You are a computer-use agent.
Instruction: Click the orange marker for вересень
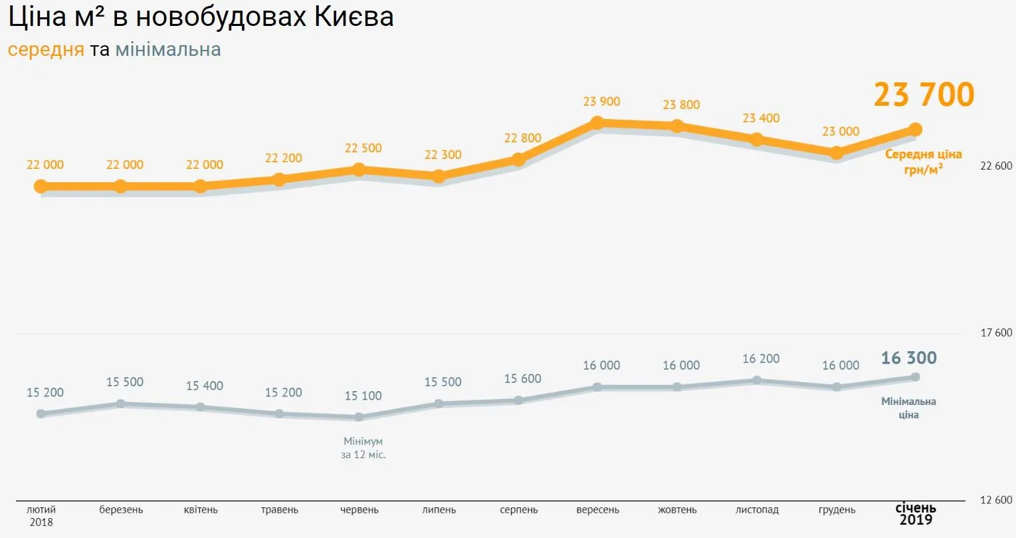click(597, 122)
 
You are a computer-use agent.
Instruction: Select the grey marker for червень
click(359, 417)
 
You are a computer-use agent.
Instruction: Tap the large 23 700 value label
click(924, 94)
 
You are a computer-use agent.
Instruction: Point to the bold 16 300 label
click(908, 358)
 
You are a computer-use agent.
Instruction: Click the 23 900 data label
click(601, 102)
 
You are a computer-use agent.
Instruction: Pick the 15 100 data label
click(363, 396)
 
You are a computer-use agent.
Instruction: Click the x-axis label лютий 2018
click(41, 515)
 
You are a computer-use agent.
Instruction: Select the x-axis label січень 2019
click(916, 514)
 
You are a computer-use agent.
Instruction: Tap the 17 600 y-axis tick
click(996, 333)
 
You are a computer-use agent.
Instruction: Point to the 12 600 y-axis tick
click(996, 500)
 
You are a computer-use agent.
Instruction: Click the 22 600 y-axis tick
click(996, 166)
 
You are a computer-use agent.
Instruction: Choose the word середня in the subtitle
click(46, 50)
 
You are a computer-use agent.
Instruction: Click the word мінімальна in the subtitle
click(168, 50)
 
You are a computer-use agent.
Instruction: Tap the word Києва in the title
click(354, 17)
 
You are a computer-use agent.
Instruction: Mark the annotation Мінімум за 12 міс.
click(363, 448)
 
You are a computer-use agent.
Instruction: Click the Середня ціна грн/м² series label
click(923, 162)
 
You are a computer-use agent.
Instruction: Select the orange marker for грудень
click(837, 153)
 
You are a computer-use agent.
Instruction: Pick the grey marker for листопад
click(757, 380)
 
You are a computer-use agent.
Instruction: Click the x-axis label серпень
click(519, 510)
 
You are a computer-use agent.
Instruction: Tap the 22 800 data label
click(522, 138)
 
